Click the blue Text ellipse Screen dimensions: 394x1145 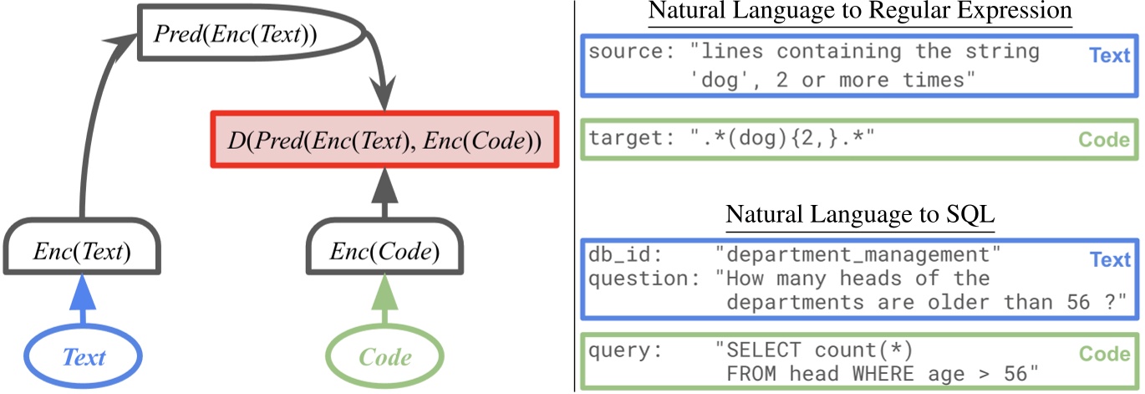pyautogui.click(x=84, y=358)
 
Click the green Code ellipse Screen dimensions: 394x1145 pyautogui.click(x=384, y=358)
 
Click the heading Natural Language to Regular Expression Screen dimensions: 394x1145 pyautogui.click(x=859, y=13)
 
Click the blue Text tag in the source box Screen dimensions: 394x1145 pyautogui.click(x=1109, y=56)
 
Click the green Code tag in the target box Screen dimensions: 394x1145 pyautogui.click(x=1104, y=140)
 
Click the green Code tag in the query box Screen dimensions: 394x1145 pyautogui.click(x=1104, y=354)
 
